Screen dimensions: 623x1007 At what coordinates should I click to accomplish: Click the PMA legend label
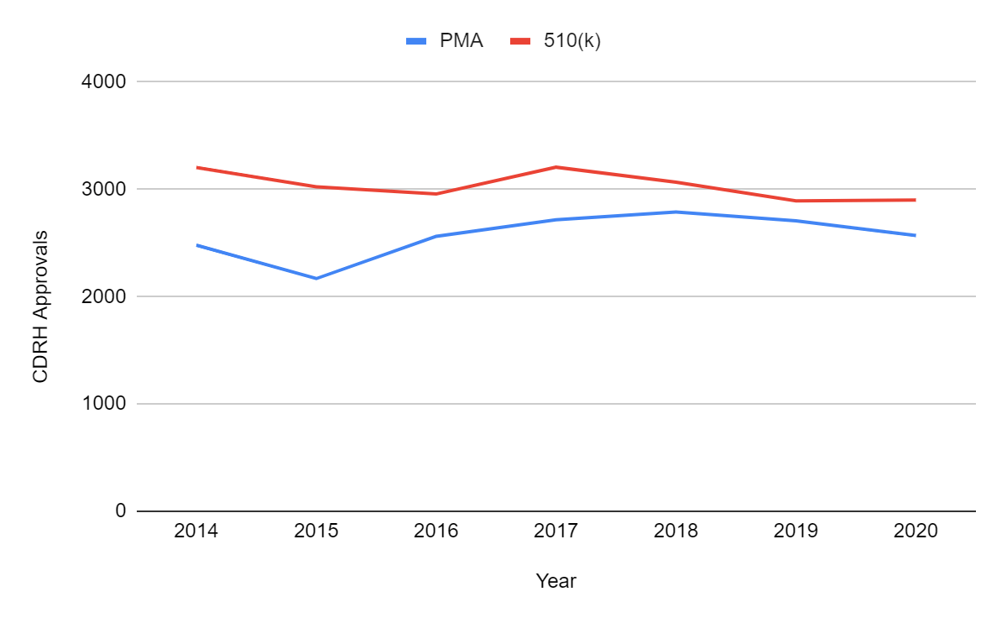[x=462, y=40]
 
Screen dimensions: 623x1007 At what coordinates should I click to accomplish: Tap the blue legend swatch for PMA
[x=418, y=40]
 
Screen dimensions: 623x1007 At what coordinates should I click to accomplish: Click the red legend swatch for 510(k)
[x=521, y=40]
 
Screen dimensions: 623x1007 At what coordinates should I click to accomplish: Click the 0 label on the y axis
[x=120, y=511]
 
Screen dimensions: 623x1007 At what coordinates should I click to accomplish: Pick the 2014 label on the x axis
[x=196, y=531]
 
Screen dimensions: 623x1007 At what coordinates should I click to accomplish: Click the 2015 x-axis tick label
[x=316, y=531]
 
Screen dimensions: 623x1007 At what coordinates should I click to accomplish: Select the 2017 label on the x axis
[x=556, y=531]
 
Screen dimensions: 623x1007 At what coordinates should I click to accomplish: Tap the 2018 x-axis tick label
[x=676, y=531]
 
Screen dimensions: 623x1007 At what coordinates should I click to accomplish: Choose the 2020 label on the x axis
[x=916, y=531]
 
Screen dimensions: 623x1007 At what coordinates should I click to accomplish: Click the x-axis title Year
[x=556, y=581]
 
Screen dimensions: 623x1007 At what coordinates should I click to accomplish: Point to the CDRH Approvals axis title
[x=40, y=306]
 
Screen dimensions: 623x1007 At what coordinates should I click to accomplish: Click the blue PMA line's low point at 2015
[x=316, y=278]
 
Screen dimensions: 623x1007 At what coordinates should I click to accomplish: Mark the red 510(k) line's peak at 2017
[x=556, y=167]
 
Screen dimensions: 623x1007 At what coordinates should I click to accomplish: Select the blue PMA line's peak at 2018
[x=676, y=212]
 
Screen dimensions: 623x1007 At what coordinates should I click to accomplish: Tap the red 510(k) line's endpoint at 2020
[x=915, y=200]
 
